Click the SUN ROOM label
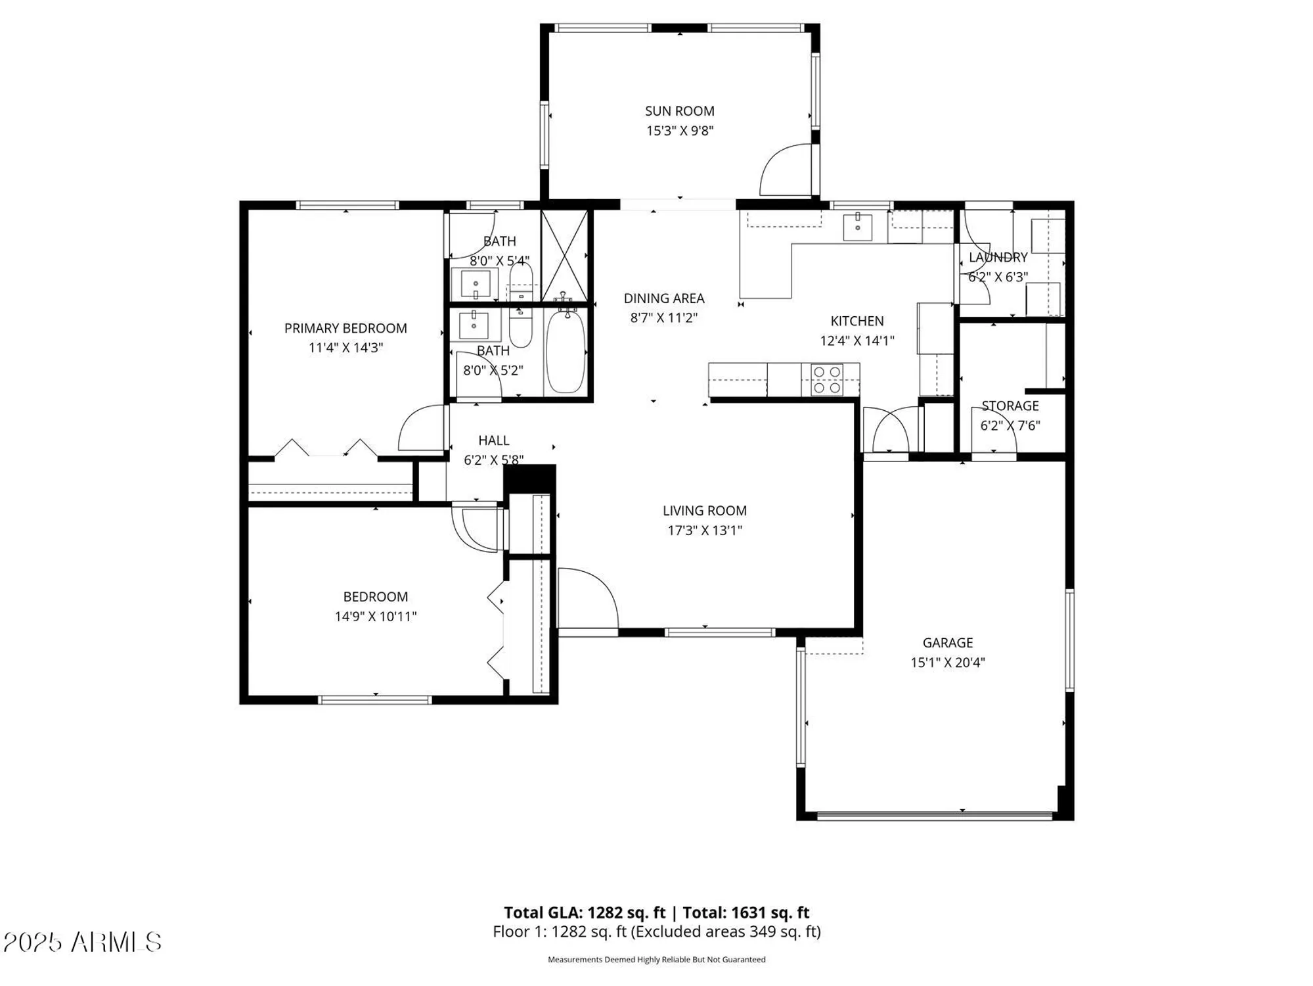(679, 111)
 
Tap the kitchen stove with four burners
(826, 380)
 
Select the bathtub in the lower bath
(565, 352)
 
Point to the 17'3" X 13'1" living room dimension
(704, 530)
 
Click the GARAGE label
(947, 643)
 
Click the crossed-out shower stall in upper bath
(564, 256)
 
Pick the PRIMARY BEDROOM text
(345, 328)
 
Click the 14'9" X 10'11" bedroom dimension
(375, 617)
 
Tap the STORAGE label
(1010, 406)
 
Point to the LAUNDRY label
(998, 258)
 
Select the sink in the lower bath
(473, 325)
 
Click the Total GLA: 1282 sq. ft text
(585, 912)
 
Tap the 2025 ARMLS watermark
(82, 943)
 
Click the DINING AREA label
(663, 298)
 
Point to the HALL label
(493, 440)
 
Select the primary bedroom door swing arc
(420, 427)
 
